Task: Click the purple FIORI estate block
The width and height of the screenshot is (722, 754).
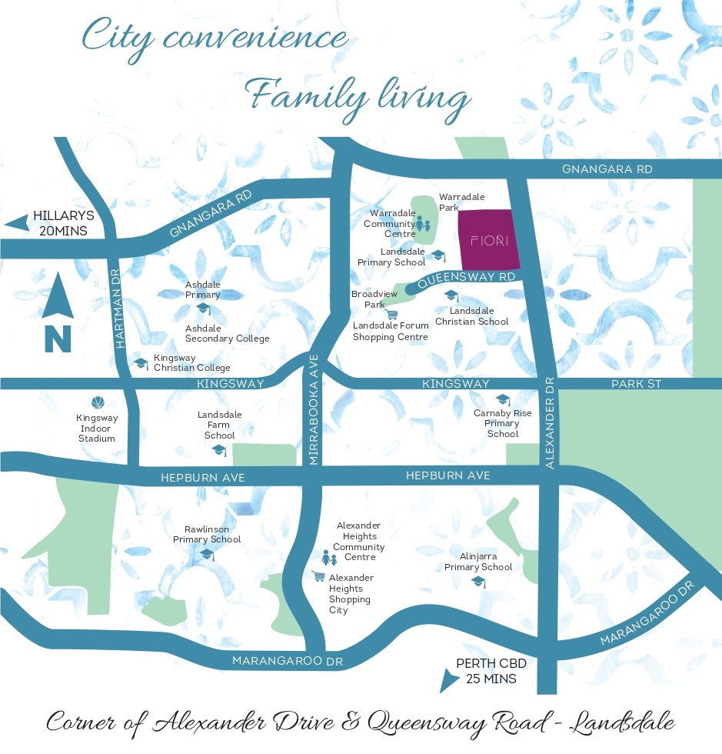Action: [x=488, y=240]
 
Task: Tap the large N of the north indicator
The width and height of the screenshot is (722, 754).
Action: [x=58, y=339]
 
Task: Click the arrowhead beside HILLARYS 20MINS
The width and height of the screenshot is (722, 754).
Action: [x=16, y=223]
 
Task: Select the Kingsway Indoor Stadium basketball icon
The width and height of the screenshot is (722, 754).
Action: [x=98, y=402]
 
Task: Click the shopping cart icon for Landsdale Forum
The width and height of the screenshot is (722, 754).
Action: [x=392, y=314]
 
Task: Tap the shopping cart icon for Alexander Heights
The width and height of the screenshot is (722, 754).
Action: [x=318, y=576]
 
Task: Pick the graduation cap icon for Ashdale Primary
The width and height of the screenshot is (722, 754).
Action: [x=204, y=309]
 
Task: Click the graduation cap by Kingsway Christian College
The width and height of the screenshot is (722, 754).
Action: [x=141, y=363]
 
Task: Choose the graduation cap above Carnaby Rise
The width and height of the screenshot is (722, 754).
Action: [x=503, y=399]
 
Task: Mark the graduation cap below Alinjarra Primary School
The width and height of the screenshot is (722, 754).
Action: [x=479, y=582]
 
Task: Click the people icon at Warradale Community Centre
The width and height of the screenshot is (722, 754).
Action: [x=422, y=225]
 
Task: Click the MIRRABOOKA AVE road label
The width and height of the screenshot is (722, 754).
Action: [x=314, y=420]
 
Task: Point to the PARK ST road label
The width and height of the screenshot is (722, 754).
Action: [x=636, y=383]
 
